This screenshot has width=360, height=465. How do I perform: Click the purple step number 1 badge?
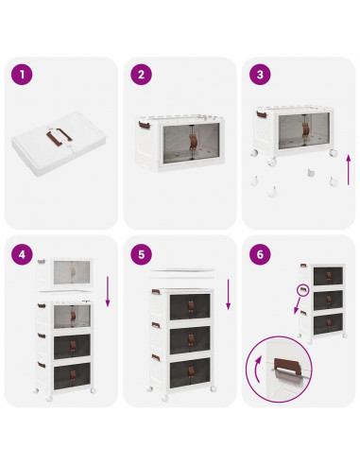(22, 75)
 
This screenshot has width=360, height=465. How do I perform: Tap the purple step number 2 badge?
(141, 75)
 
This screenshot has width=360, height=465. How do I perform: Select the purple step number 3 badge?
(260, 75)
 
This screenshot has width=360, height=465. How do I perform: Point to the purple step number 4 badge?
(22, 254)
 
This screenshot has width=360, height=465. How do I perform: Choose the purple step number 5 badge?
(141, 254)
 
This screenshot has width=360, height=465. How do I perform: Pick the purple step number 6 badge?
(260, 254)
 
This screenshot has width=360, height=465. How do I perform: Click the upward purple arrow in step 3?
(349, 170)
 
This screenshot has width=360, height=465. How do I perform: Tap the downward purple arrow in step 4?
(108, 291)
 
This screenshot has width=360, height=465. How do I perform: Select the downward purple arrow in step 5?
(229, 295)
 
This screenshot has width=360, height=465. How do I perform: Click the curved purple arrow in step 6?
(256, 370)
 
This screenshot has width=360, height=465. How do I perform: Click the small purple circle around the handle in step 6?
(303, 290)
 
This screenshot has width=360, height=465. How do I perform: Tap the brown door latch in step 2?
(193, 142)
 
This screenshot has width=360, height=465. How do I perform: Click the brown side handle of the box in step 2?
(144, 125)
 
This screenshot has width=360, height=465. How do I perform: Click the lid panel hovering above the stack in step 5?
(181, 273)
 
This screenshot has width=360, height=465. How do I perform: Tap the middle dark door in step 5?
(190, 340)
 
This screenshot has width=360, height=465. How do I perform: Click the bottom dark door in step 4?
(72, 376)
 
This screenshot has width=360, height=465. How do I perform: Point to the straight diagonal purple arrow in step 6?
(297, 304)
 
